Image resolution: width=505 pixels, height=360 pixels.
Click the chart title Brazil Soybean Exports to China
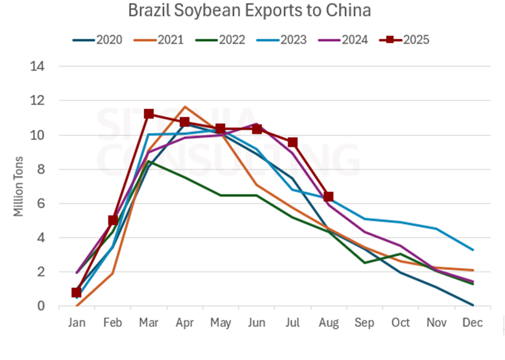point(249,11)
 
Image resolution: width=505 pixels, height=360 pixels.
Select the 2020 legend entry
point(97,40)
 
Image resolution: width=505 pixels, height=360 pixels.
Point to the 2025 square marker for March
point(148,114)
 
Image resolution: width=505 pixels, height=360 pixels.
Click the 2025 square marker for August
point(329,197)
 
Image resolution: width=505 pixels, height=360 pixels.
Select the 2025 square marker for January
point(76,292)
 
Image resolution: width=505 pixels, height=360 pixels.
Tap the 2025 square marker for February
point(113,220)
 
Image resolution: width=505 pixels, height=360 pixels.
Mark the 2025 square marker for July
point(292,142)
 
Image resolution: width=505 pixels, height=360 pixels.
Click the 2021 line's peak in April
point(184,107)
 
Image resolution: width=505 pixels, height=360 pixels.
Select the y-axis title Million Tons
point(19,186)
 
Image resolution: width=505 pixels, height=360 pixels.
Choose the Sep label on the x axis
point(365,322)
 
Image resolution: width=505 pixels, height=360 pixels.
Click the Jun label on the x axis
point(257,322)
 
